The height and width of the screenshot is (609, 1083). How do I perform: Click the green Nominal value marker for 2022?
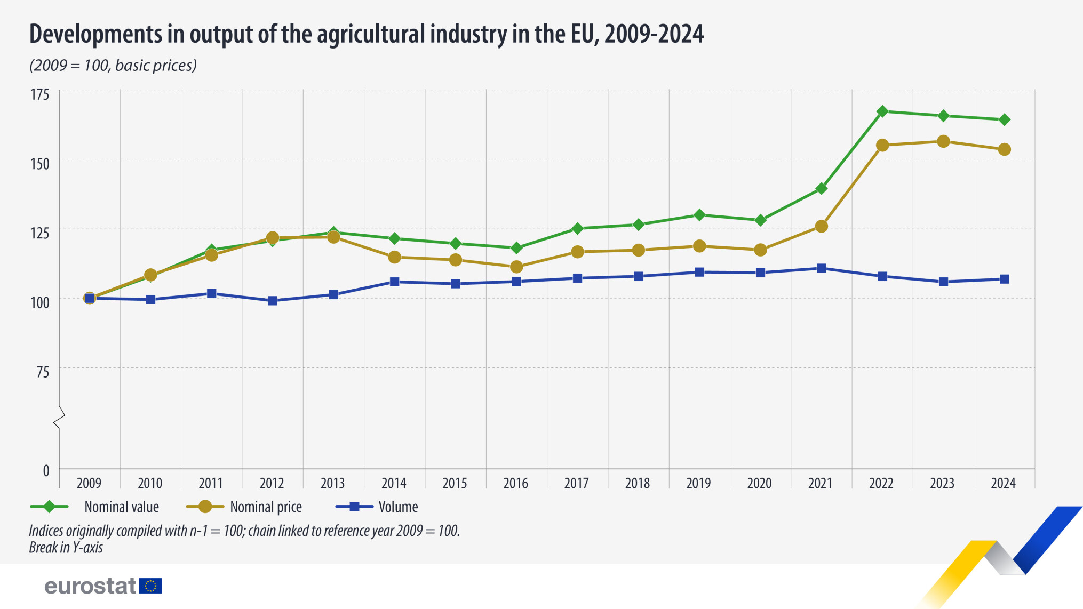[882, 111]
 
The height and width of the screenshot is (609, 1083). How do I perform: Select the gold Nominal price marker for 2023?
[943, 141]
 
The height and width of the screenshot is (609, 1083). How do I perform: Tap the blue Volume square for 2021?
[821, 268]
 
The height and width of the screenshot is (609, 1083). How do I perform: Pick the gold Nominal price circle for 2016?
[516, 267]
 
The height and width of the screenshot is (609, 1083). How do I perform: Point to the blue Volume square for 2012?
[273, 301]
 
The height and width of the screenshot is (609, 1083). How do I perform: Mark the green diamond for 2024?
[1004, 120]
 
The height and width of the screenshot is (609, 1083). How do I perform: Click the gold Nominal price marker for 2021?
[821, 227]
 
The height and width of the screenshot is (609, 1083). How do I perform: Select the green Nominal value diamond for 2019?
[699, 215]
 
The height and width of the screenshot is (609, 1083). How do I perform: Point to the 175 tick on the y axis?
[40, 95]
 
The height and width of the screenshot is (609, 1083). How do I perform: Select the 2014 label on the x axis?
[394, 483]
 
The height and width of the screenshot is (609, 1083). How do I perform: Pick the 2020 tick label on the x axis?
[759, 483]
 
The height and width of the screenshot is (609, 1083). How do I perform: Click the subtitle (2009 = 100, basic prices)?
[113, 66]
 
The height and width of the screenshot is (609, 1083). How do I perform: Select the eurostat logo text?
[91, 586]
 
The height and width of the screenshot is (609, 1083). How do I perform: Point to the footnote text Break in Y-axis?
[66, 548]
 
